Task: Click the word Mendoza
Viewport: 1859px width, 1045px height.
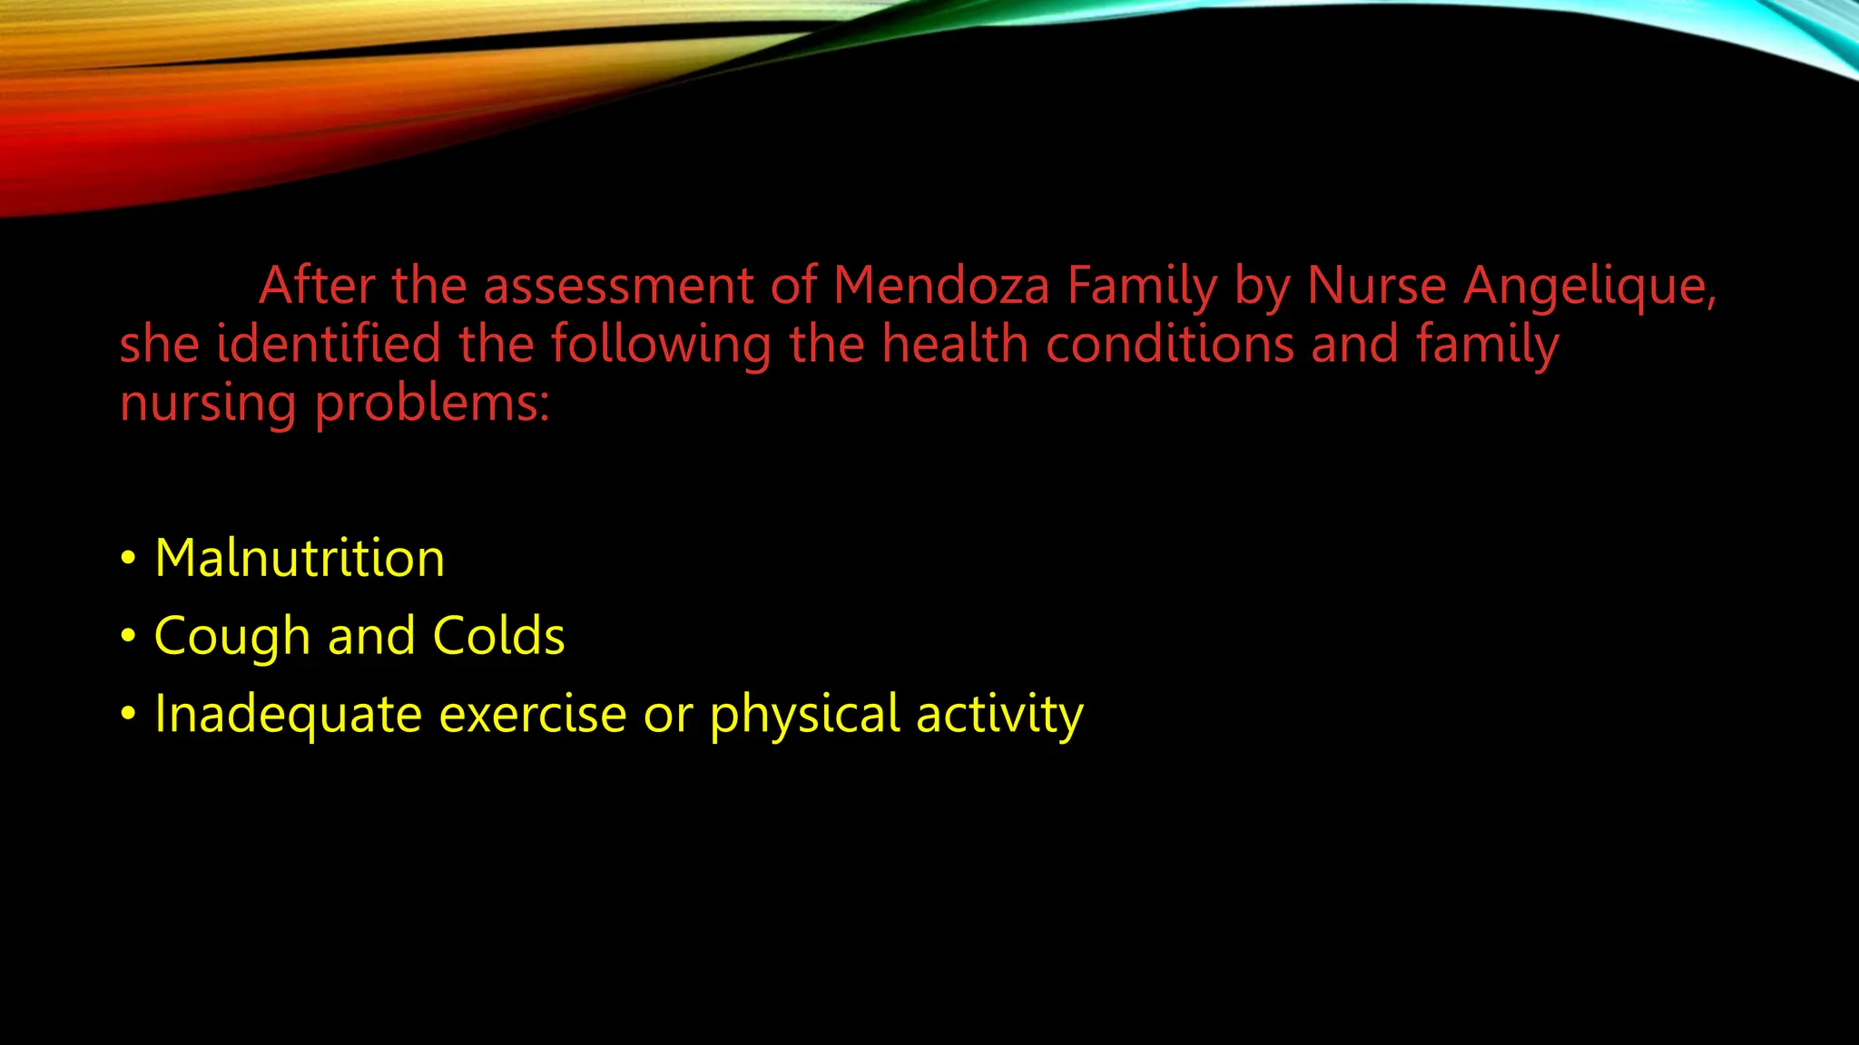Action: point(941,286)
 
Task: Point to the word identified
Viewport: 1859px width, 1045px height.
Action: point(329,345)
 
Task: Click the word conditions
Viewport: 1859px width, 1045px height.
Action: point(1170,345)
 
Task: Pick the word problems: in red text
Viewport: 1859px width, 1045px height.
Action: point(432,405)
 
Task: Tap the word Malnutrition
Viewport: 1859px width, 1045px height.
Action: point(300,558)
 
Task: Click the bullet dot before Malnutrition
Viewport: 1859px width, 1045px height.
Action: point(129,558)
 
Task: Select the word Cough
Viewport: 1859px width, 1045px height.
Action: point(232,637)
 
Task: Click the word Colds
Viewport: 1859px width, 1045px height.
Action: point(498,635)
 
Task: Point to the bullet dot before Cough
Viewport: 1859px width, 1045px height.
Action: point(129,636)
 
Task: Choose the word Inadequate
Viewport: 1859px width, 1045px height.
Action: point(288,715)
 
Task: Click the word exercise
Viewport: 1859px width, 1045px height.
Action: point(533,715)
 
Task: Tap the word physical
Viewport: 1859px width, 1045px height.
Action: point(804,715)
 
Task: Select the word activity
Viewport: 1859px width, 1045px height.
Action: point(999,715)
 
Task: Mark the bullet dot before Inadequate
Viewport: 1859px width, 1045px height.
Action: point(129,715)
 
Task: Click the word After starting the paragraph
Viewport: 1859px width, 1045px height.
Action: point(317,286)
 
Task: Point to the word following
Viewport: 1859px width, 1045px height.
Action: point(661,347)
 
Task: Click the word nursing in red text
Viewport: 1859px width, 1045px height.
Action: point(208,405)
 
